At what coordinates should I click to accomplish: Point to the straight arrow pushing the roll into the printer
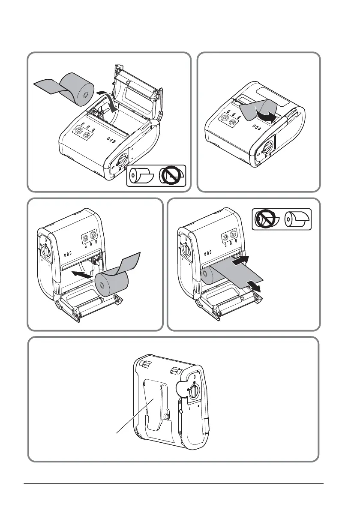click(x=83, y=275)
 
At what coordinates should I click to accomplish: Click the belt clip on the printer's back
click(x=155, y=407)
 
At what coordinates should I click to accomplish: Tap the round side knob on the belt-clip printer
click(x=194, y=391)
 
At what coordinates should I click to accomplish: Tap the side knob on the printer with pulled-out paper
click(x=185, y=249)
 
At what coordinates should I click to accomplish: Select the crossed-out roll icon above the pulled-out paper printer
click(x=265, y=220)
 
